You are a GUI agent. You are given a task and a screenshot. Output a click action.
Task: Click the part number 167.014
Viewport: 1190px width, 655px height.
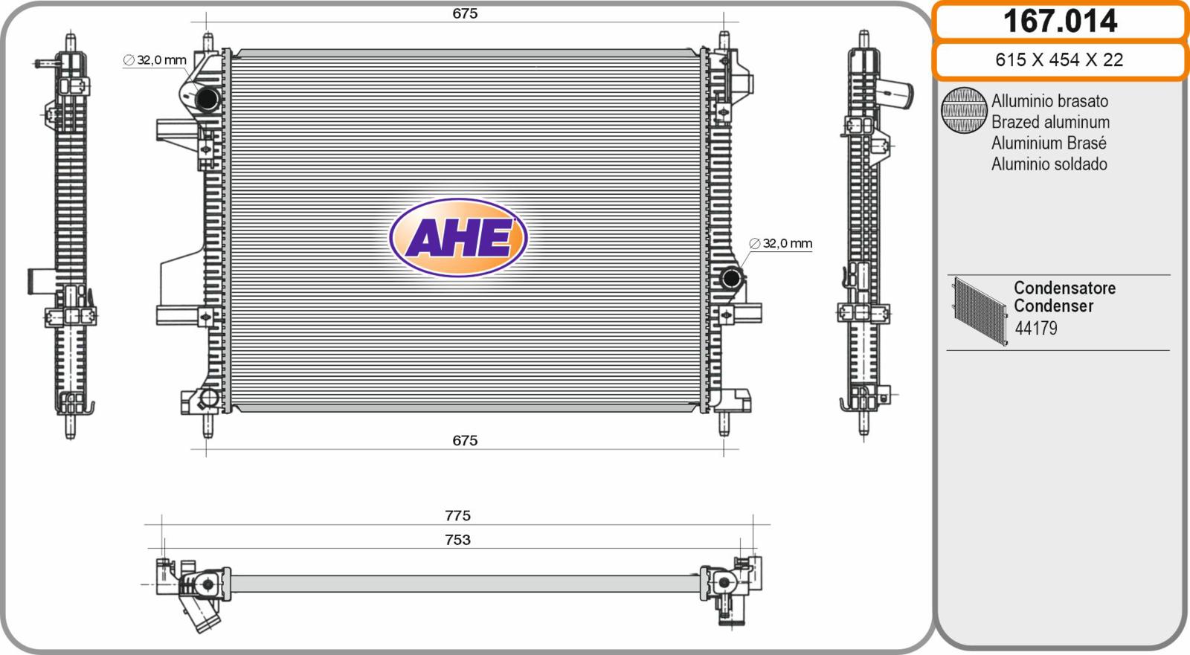[x=1060, y=22]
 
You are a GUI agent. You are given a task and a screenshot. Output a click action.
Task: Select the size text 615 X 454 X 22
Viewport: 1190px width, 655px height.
[x=1059, y=60]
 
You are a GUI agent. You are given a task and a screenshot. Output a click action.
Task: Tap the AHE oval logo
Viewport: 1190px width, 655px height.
[x=458, y=237]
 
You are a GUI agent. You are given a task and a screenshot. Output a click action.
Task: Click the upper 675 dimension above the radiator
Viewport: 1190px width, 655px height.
[x=465, y=13]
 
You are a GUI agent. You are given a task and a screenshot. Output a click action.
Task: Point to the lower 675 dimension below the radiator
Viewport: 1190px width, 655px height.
[x=465, y=440]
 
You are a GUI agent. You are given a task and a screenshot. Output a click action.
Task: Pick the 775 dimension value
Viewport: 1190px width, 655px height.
[x=457, y=515]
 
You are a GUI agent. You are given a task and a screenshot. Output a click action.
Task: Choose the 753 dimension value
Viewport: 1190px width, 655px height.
[x=457, y=540]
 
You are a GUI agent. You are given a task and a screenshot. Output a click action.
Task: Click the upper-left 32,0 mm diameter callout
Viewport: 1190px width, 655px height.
[x=155, y=60]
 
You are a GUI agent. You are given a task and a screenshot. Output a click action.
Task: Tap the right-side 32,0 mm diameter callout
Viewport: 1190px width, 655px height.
[x=780, y=243]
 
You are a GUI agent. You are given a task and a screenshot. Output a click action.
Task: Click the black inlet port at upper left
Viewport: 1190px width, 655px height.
[x=207, y=99]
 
